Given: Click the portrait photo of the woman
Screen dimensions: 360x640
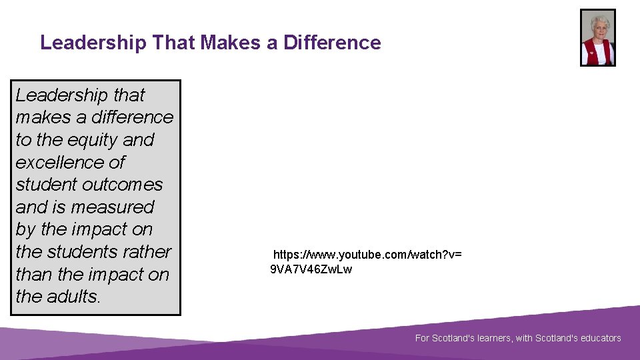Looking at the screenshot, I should click(597, 37).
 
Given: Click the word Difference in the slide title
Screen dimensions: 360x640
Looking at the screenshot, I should click(332, 43).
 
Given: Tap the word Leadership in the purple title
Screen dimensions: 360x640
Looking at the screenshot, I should click(93, 43).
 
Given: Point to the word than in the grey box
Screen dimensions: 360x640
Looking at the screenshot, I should click(33, 275).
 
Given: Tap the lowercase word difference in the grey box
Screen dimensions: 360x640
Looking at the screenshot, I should click(133, 117).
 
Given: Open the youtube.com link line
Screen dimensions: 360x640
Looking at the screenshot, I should click(367, 255).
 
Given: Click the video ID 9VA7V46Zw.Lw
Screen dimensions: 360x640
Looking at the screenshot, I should click(311, 269).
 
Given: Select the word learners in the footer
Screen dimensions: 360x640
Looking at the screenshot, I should click(491, 338).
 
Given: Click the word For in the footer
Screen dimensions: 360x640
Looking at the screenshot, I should click(422, 338).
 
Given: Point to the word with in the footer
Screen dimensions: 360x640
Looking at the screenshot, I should click(524, 338).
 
